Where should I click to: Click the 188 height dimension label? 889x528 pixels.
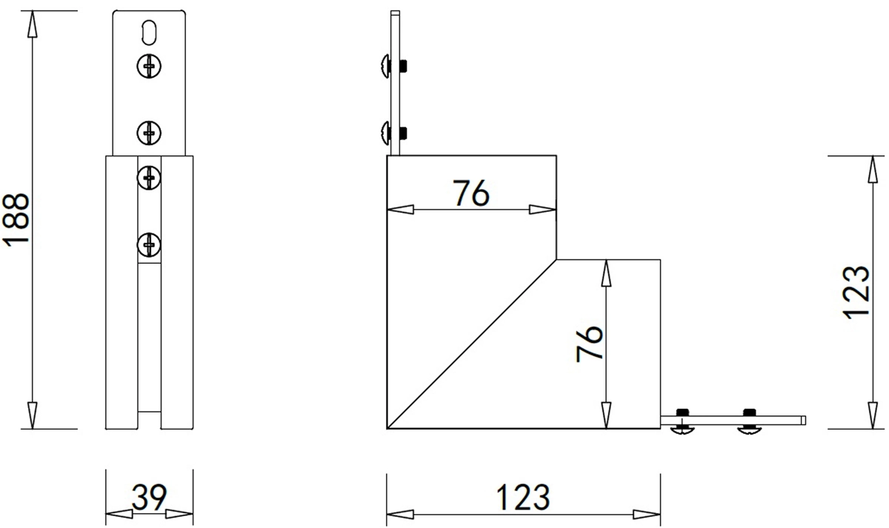pyautogui.click(x=16, y=220)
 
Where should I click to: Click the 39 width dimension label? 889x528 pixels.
pyautogui.click(x=149, y=497)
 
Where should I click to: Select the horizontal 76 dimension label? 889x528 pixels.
pyautogui.click(x=471, y=193)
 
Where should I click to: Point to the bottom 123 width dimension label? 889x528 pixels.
pyautogui.click(x=523, y=497)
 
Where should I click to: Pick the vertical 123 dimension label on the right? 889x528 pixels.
pyautogui.click(x=856, y=293)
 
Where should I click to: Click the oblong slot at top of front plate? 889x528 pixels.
pyautogui.click(x=149, y=31)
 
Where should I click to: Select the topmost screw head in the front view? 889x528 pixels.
pyautogui.click(x=149, y=65)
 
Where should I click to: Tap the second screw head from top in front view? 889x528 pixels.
pyautogui.click(x=149, y=133)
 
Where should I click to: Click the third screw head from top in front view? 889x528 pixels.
pyautogui.click(x=149, y=177)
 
